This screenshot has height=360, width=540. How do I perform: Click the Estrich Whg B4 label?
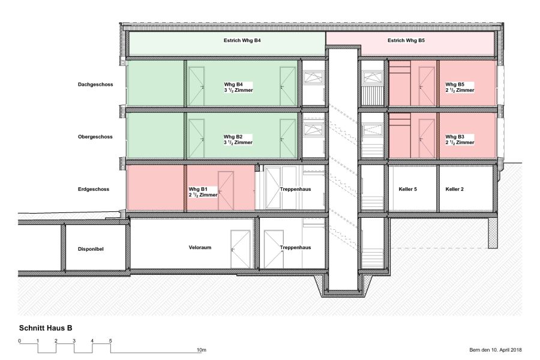pos(242,40)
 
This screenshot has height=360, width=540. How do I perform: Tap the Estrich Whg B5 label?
pos(406,40)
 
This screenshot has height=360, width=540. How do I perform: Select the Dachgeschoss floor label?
pos(95,85)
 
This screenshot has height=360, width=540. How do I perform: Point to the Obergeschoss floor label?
pos(95,137)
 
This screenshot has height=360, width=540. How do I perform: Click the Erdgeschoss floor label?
pos(94,189)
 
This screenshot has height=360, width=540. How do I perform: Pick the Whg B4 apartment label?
pos(238,87)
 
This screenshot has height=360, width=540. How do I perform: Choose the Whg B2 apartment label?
pos(238,140)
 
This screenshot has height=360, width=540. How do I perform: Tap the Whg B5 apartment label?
pos(460,87)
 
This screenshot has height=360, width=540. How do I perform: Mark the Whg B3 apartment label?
pos(460,140)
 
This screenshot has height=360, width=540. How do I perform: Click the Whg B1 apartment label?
pos(203,192)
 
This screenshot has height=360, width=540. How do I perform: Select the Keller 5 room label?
pos(408,189)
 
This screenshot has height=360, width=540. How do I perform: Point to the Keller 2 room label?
pos(455,189)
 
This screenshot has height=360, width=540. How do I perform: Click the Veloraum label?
pos(200,247)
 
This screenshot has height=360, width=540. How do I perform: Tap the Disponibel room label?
pos(91,249)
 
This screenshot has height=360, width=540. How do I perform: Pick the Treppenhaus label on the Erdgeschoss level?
pos(295,189)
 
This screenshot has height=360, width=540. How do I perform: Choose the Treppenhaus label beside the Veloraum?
pos(295,247)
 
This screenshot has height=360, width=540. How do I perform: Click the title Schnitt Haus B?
pos(46,328)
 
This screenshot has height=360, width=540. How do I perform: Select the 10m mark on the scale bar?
pos(202,350)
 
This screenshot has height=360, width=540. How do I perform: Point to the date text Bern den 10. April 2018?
pos(496,350)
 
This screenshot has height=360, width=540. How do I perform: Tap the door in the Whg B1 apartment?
pos(226,191)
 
